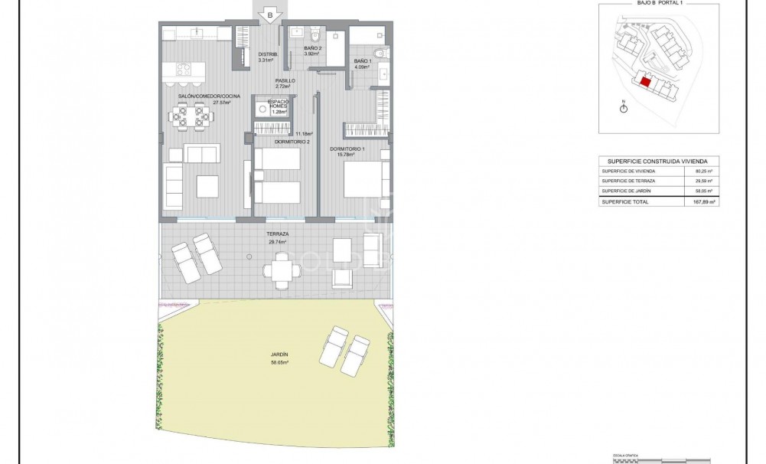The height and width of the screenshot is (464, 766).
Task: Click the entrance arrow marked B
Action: tap(269, 14)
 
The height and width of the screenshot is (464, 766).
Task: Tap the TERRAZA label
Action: tap(277, 234)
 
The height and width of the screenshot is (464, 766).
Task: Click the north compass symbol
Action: tap(624, 109)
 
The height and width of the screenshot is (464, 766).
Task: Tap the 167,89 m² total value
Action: tap(700, 202)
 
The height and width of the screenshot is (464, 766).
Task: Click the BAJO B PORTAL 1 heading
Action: tap(658, 3)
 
